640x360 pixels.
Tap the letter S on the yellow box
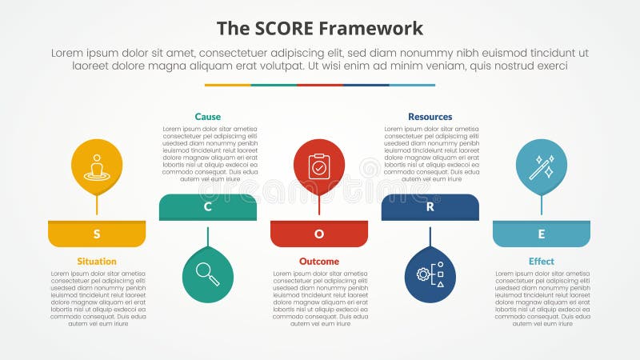pos(97,234)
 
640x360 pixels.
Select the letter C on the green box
pos(208,207)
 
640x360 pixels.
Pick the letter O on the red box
pos(319,234)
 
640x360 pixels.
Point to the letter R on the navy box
pos(430,207)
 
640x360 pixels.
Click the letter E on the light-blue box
pos(542,234)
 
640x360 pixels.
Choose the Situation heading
pos(97,262)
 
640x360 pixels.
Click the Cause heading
pos(208,117)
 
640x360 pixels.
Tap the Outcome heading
pos(319,262)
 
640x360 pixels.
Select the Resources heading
pos(430,117)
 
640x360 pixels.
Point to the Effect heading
pos(542,262)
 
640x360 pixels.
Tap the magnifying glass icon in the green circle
pos(208,274)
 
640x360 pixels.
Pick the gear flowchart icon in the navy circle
pos(430,274)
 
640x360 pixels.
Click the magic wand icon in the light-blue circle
pos(542,167)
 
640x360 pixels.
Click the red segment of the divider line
pos(320,85)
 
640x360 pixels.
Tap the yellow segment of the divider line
pos(228,85)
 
